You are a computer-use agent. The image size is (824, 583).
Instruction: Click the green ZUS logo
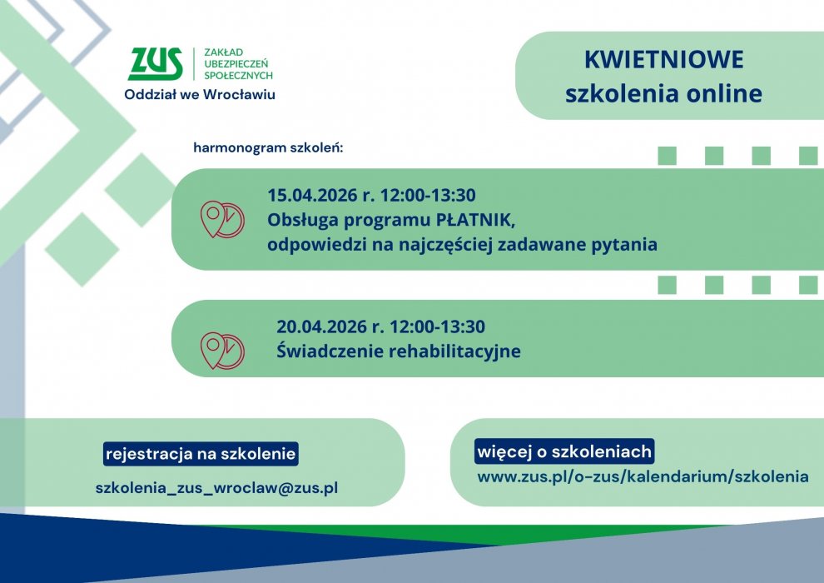tap(156, 64)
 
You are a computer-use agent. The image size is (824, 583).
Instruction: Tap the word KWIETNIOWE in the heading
tap(663, 59)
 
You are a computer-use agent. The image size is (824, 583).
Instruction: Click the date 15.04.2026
tap(312, 195)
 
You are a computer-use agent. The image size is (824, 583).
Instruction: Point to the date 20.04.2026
tap(321, 326)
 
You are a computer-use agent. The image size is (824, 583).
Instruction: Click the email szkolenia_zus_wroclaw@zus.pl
tap(216, 488)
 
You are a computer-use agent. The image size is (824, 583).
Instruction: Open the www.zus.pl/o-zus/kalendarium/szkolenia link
tap(643, 476)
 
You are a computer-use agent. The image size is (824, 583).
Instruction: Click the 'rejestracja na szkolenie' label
tap(201, 454)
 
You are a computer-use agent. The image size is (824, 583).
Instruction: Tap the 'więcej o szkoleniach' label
tap(564, 451)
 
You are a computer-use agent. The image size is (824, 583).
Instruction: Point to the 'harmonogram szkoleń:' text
tap(268, 147)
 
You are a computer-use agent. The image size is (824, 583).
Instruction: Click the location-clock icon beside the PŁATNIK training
tap(221, 219)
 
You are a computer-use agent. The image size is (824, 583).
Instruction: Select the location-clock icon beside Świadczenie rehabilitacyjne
tap(221, 350)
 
